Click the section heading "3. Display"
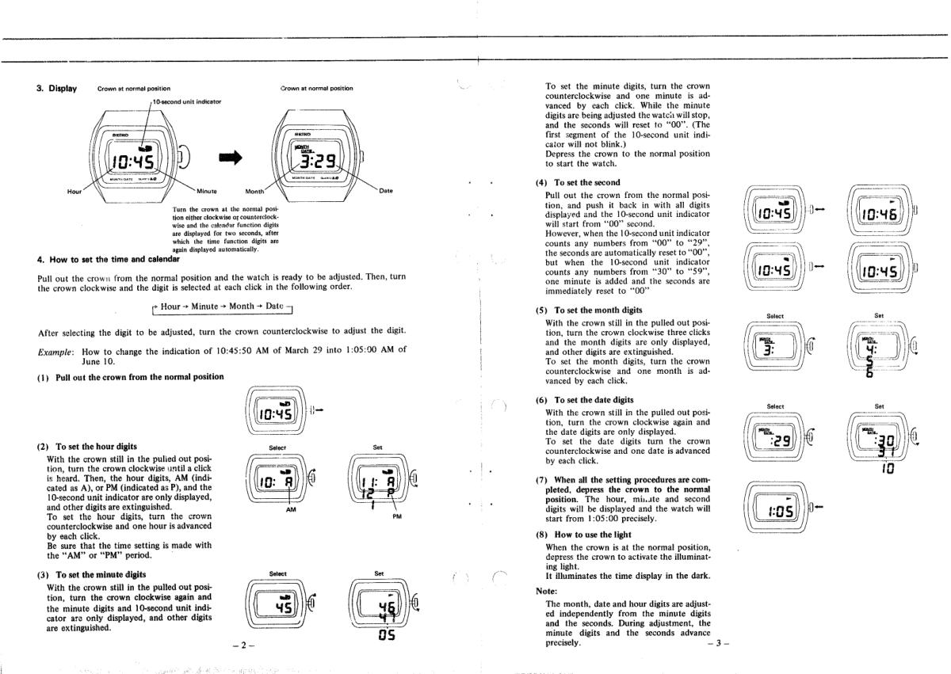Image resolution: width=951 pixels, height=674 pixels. pos(56,88)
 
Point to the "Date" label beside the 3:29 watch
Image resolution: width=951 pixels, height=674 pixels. pos(386,191)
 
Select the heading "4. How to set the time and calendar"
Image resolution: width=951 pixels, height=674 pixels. pos(109,259)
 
